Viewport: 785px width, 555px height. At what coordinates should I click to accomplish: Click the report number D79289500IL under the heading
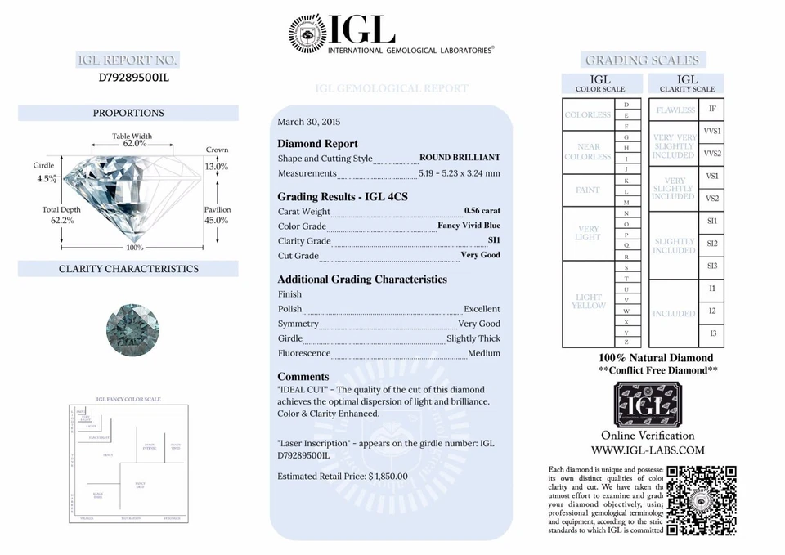click(133, 78)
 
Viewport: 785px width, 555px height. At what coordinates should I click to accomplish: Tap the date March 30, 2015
click(308, 122)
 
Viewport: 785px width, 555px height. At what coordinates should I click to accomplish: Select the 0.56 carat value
click(482, 211)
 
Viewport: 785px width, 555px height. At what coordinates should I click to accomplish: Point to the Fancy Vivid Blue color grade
click(469, 226)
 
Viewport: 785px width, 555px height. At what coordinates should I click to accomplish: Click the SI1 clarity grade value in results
click(494, 240)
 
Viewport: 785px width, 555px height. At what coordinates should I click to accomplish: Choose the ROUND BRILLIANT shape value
click(460, 158)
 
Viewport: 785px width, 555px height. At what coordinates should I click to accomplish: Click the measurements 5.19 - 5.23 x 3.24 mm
click(459, 173)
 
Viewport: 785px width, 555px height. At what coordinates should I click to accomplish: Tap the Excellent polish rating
click(482, 309)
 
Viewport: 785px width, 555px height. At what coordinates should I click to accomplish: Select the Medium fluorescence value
click(484, 353)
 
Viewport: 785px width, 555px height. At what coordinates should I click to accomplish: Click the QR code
click(702, 499)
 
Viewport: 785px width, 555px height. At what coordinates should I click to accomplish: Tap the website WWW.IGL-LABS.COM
click(648, 450)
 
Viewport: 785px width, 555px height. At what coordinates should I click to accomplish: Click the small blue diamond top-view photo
click(132, 327)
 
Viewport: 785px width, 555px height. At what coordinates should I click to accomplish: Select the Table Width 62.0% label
click(132, 140)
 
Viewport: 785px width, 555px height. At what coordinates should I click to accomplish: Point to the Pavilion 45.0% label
click(217, 215)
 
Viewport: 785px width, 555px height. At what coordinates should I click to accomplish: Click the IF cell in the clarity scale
click(712, 109)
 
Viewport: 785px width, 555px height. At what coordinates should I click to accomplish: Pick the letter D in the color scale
click(626, 105)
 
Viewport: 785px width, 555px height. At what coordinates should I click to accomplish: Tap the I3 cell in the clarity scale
click(712, 333)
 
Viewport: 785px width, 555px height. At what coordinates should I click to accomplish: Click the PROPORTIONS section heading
click(128, 113)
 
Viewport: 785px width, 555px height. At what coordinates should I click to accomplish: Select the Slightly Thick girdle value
click(473, 338)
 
